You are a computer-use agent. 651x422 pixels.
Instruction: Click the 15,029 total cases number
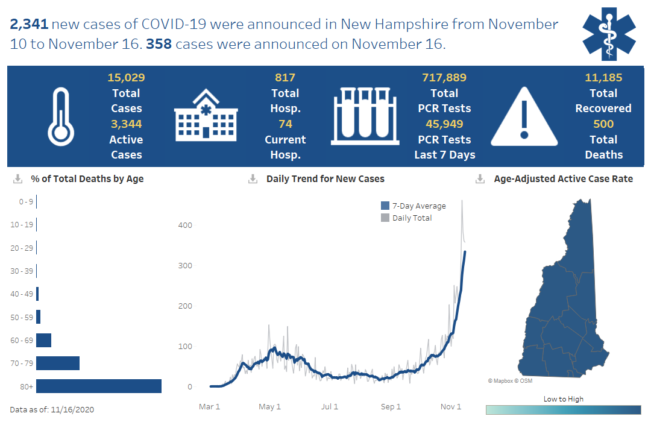point(126,78)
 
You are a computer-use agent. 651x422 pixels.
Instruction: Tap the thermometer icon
point(61,116)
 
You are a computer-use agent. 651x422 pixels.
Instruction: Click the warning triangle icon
point(524,116)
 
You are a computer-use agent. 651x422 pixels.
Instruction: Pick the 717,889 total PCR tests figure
point(444,78)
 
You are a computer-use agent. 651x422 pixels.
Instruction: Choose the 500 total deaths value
point(603,124)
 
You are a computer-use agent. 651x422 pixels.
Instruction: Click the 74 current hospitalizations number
point(285,124)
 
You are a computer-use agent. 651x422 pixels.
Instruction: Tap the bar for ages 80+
point(99,386)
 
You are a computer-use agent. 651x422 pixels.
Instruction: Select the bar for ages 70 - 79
point(58,363)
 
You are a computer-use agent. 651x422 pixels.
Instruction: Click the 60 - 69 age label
point(22,341)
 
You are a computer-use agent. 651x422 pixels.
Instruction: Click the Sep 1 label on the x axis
point(391,407)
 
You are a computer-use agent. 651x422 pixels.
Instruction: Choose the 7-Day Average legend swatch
point(385,206)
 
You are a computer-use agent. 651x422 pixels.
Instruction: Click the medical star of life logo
point(608,34)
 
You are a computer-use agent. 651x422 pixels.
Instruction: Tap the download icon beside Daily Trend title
point(253,179)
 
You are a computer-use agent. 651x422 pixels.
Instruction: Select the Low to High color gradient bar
point(563,410)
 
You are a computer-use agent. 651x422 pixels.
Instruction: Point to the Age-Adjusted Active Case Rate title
point(563,179)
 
